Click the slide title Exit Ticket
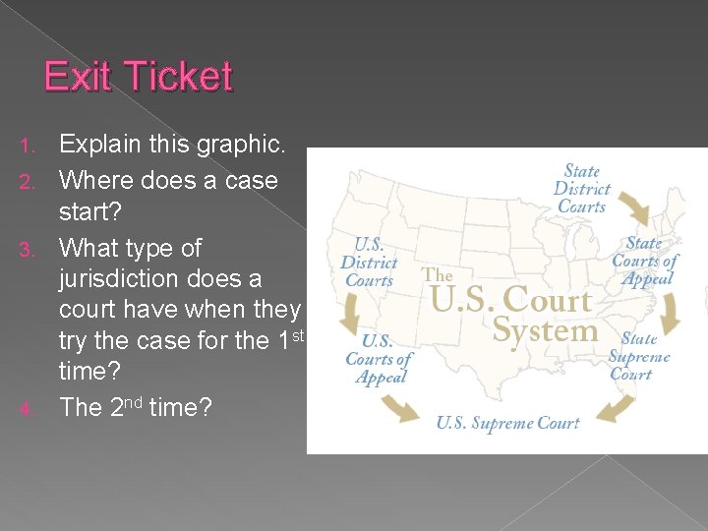coord(138,77)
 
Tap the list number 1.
coord(27,147)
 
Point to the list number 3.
coord(27,250)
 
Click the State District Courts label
coord(582,189)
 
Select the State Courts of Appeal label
coord(644,260)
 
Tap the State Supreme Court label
coord(638,356)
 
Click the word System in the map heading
coord(545,331)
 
